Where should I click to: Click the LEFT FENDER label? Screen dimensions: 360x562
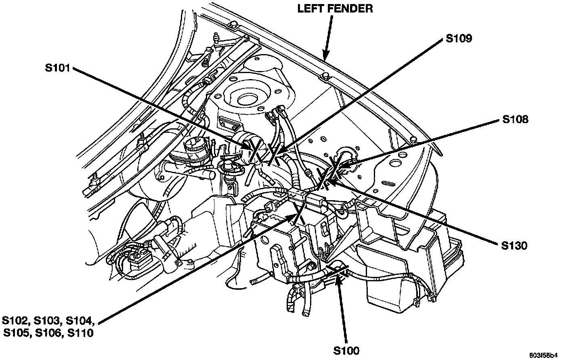click(x=335, y=8)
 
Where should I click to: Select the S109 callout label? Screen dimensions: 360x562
click(x=459, y=39)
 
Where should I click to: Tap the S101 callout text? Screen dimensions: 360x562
click(x=58, y=69)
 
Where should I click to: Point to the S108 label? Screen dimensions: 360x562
click(x=515, y=119)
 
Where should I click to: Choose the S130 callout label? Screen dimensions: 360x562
click(x=514, y=245)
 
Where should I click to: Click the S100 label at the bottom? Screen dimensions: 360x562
click(x=346, y=350)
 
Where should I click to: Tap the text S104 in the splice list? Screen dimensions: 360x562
click(x=80, y=321)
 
